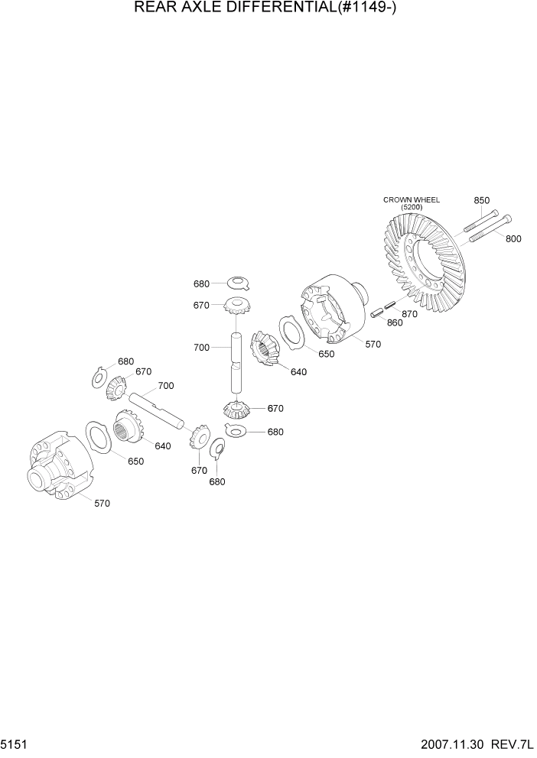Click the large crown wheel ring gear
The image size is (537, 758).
(x=425, y=264)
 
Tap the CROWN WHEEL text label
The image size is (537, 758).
(x=412, y=200)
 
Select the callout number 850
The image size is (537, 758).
(x=481, y=200)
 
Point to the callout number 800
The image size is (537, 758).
(x=513, y=239)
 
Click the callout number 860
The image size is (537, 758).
(x=394, y=323)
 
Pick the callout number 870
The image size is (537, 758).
(x=409, y=313)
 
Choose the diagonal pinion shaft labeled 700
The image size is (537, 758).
(x=157, y=407)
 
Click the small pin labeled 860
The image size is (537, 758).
(x=376, y=312)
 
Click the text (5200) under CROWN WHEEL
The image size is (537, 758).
(x=412, y=207)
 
